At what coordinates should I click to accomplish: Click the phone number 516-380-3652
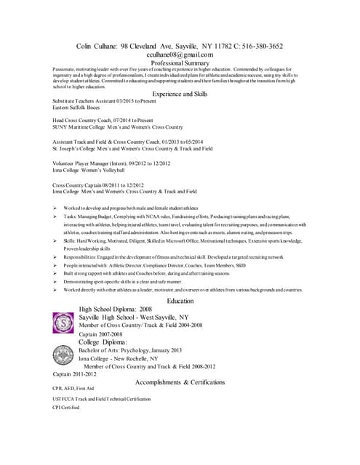coord(257,45)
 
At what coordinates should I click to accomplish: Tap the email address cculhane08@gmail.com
coord(180,54)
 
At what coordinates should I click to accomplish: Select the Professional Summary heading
coord(180,63)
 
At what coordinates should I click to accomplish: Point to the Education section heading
coord(180,300)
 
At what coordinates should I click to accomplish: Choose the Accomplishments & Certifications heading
coord(180,382)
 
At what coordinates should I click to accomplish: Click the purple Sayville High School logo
coord(63,320)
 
